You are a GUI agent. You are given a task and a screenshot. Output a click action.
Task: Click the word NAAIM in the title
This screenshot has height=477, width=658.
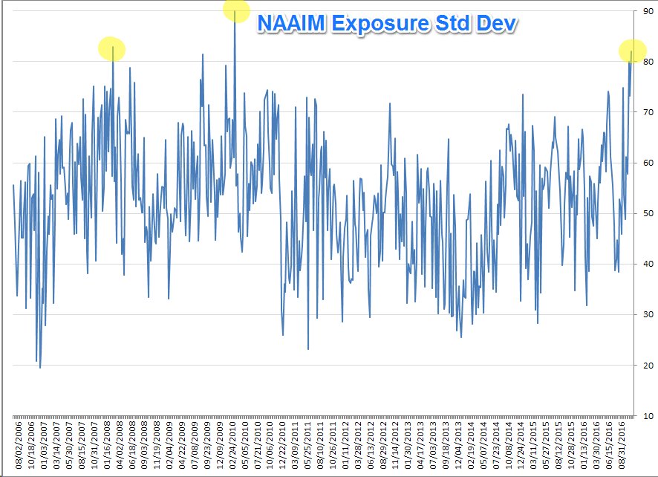pos(290,24)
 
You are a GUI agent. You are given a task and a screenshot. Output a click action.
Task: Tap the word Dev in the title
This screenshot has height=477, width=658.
pos(497,24)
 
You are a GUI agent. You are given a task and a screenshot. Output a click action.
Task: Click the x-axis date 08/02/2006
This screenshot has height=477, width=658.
pos(13,446)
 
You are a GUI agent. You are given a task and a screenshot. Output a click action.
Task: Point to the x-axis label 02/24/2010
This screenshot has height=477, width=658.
pos(234,446)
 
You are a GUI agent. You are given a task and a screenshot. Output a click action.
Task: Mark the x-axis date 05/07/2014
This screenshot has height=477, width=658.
pos(484,446)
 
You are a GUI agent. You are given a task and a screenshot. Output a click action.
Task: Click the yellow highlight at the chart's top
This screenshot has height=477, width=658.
pos(236,10)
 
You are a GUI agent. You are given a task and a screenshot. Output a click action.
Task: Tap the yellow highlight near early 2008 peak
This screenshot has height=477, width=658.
pos(112,49)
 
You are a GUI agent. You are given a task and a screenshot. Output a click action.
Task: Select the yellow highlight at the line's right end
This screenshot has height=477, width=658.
pos(632,51)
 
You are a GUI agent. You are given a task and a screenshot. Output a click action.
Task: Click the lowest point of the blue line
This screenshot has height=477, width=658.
pos(40,367)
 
